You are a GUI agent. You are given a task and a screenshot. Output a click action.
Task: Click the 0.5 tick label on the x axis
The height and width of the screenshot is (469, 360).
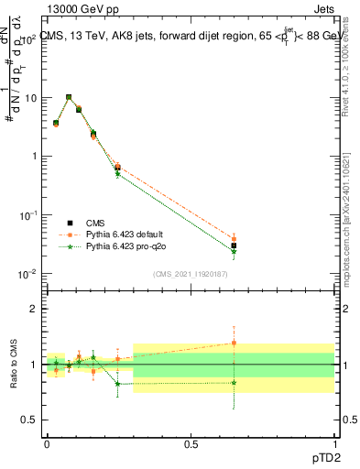pos(191,444)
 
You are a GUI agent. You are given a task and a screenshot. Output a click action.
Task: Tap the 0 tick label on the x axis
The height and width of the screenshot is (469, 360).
pos(47,444)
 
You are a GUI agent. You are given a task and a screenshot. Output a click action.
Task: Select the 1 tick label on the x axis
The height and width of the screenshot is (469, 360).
pos(334,444)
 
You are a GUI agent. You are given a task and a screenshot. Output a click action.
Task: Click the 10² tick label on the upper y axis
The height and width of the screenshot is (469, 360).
pos(27,39)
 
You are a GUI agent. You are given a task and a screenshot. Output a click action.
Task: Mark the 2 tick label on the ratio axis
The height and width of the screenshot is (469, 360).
pos(33,309)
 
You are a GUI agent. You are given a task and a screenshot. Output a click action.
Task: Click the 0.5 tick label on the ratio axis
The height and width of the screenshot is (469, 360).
pos(29,420)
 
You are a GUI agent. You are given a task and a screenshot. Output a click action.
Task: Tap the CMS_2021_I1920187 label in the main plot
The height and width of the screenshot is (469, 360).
pos(190,274)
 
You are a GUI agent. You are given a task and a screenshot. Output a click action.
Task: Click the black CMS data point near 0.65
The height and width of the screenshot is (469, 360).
pos(234,245)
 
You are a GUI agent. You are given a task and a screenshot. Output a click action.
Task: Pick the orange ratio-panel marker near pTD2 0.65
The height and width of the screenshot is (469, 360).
pos(234,343)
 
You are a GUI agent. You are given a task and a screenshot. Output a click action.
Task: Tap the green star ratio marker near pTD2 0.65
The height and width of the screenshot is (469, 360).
pos(234,382)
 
